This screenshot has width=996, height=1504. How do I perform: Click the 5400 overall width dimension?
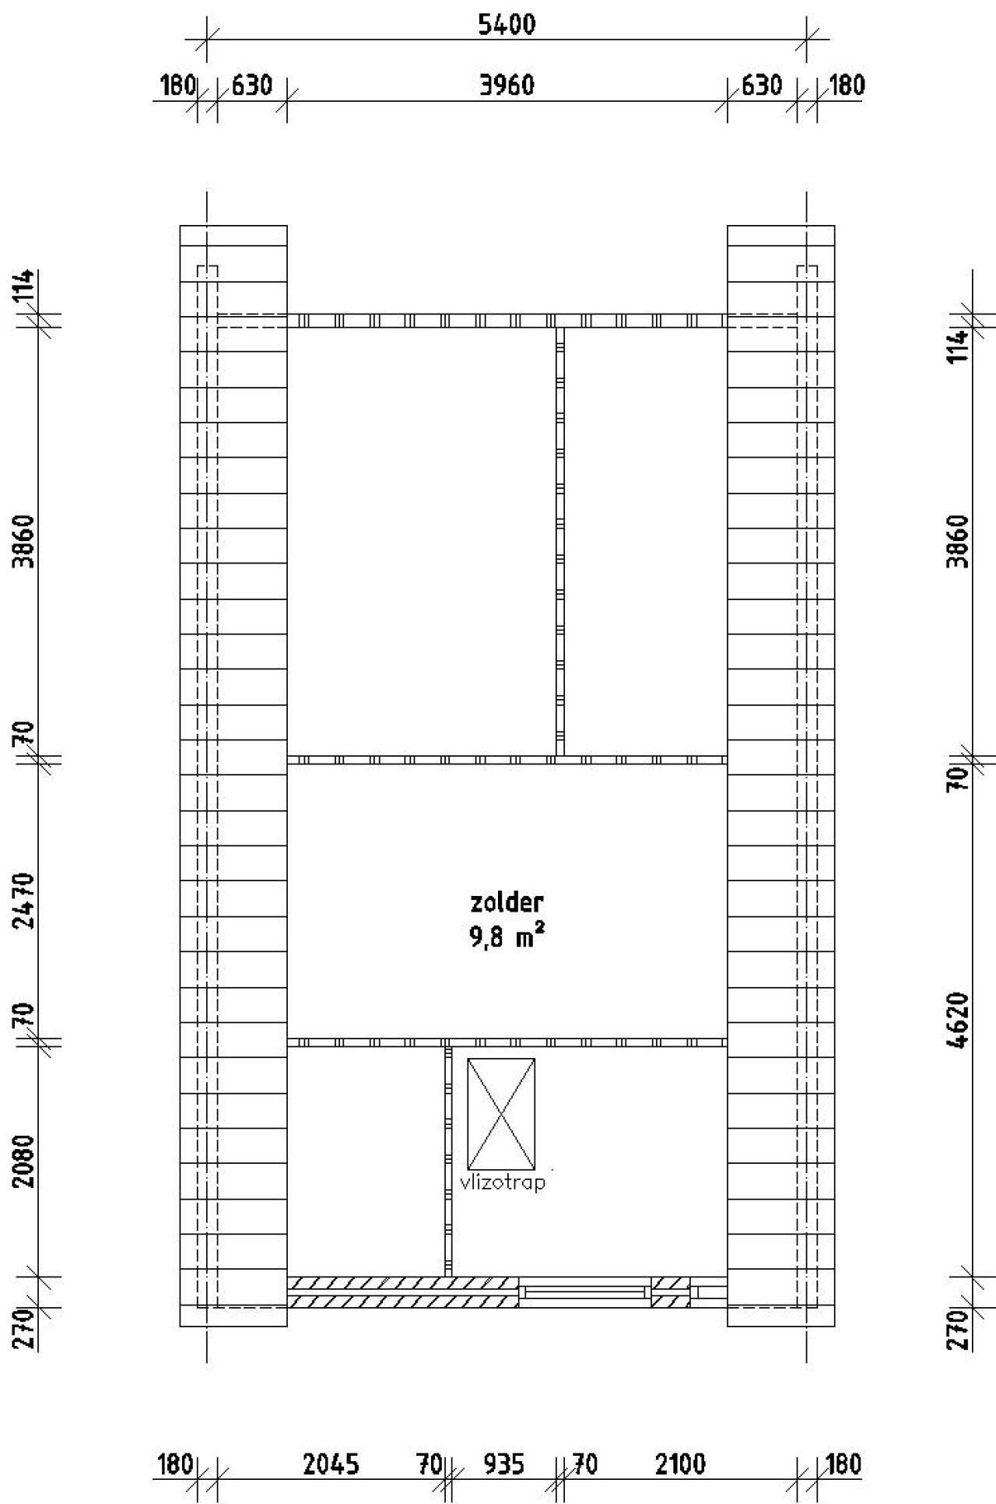pos(507,25)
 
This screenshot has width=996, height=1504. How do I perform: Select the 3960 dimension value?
pos(507,85)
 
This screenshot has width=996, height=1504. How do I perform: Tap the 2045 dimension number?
pos(331,1464)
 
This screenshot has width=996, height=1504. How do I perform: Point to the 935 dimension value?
pos(503,1464)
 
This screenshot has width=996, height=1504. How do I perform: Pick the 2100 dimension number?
pos(680,1464)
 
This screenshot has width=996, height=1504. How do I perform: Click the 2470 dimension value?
pos(25,900)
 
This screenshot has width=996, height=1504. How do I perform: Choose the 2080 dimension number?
pos(25,1161)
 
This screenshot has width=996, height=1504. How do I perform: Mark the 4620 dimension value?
pos(959,1021)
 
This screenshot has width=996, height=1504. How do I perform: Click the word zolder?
pos(507,902)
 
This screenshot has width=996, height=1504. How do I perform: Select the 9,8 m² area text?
pos(506,937)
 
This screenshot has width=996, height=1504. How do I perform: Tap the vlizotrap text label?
pos(503,1182)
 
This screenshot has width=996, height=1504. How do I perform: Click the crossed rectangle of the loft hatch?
pos(501,1114)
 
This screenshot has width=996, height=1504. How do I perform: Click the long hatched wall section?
pos(402,1292)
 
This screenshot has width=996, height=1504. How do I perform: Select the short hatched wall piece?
pos(670,1292)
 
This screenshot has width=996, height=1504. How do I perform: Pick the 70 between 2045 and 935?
pos(429,1464)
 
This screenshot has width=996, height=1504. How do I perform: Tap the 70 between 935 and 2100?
pos(585,1464)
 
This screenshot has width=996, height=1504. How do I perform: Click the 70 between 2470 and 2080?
pos(25,1015)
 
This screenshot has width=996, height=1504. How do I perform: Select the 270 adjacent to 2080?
pos(25,1328)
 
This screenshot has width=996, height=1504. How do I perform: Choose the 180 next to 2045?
pos(175,1464)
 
